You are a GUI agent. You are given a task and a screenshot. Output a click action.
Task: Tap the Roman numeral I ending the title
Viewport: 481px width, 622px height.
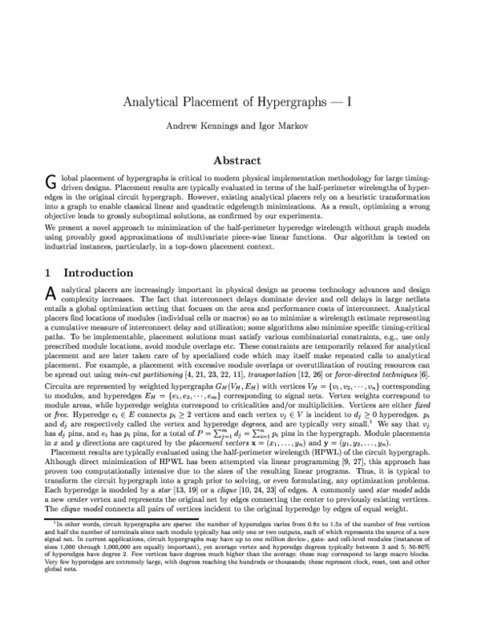point(356,102)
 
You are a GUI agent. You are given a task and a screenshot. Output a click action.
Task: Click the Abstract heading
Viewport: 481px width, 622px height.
point(240,160)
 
